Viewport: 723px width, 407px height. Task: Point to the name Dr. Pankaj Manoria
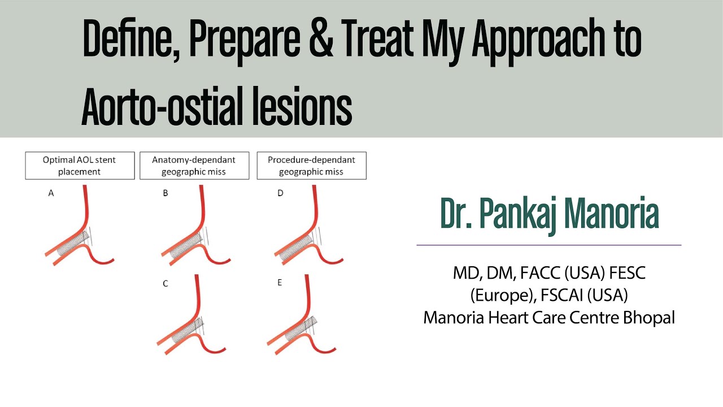(x=549, y=215)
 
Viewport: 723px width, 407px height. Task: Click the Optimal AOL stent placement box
(x=80, y=166)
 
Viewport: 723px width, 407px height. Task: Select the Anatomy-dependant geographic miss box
(x=194, y=166)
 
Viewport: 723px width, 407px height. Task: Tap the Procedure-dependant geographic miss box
(x=311, y=166)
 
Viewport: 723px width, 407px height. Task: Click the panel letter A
(x=51, y=193)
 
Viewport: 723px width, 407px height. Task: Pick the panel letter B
(x=165, y=193)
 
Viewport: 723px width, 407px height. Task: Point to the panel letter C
(x=165, y=284)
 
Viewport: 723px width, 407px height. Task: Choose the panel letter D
(x=280, y=193)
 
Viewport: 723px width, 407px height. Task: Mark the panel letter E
(x=280, y=283)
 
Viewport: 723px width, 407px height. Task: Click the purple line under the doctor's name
(x=548, y=245)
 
